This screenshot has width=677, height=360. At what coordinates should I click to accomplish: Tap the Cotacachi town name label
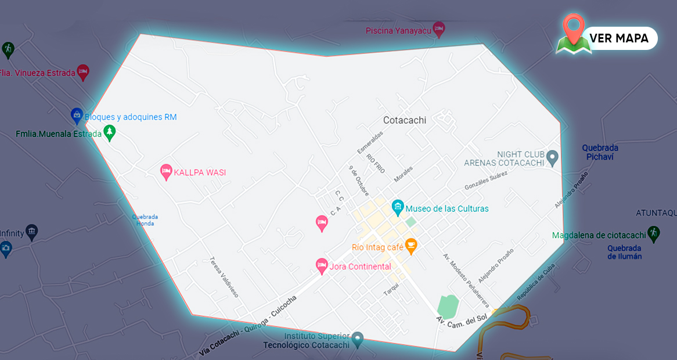pos(404,120)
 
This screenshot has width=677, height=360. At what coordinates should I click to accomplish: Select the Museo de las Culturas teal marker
pos(398,206)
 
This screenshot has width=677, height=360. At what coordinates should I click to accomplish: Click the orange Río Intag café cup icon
pos(411,246)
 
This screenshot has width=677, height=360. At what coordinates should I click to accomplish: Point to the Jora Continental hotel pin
pos(321,266)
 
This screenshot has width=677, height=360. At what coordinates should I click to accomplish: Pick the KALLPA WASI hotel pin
pos(166,171)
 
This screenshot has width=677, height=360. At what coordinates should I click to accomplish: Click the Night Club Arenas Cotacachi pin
pos(553,157)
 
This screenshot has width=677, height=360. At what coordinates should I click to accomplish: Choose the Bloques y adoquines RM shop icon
pos(76,116)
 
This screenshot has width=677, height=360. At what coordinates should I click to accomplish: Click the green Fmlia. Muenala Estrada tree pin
pos(109,133)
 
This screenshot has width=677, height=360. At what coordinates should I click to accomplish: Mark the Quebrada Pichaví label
pos(600,152)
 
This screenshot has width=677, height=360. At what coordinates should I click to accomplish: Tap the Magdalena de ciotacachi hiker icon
pos(654,233)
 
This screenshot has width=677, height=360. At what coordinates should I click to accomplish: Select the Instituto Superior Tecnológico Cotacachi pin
pos(357,338)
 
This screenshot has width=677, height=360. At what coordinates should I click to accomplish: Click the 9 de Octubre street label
pos(359,181)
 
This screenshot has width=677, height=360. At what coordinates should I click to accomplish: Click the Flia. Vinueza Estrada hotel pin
pos(82,71)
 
